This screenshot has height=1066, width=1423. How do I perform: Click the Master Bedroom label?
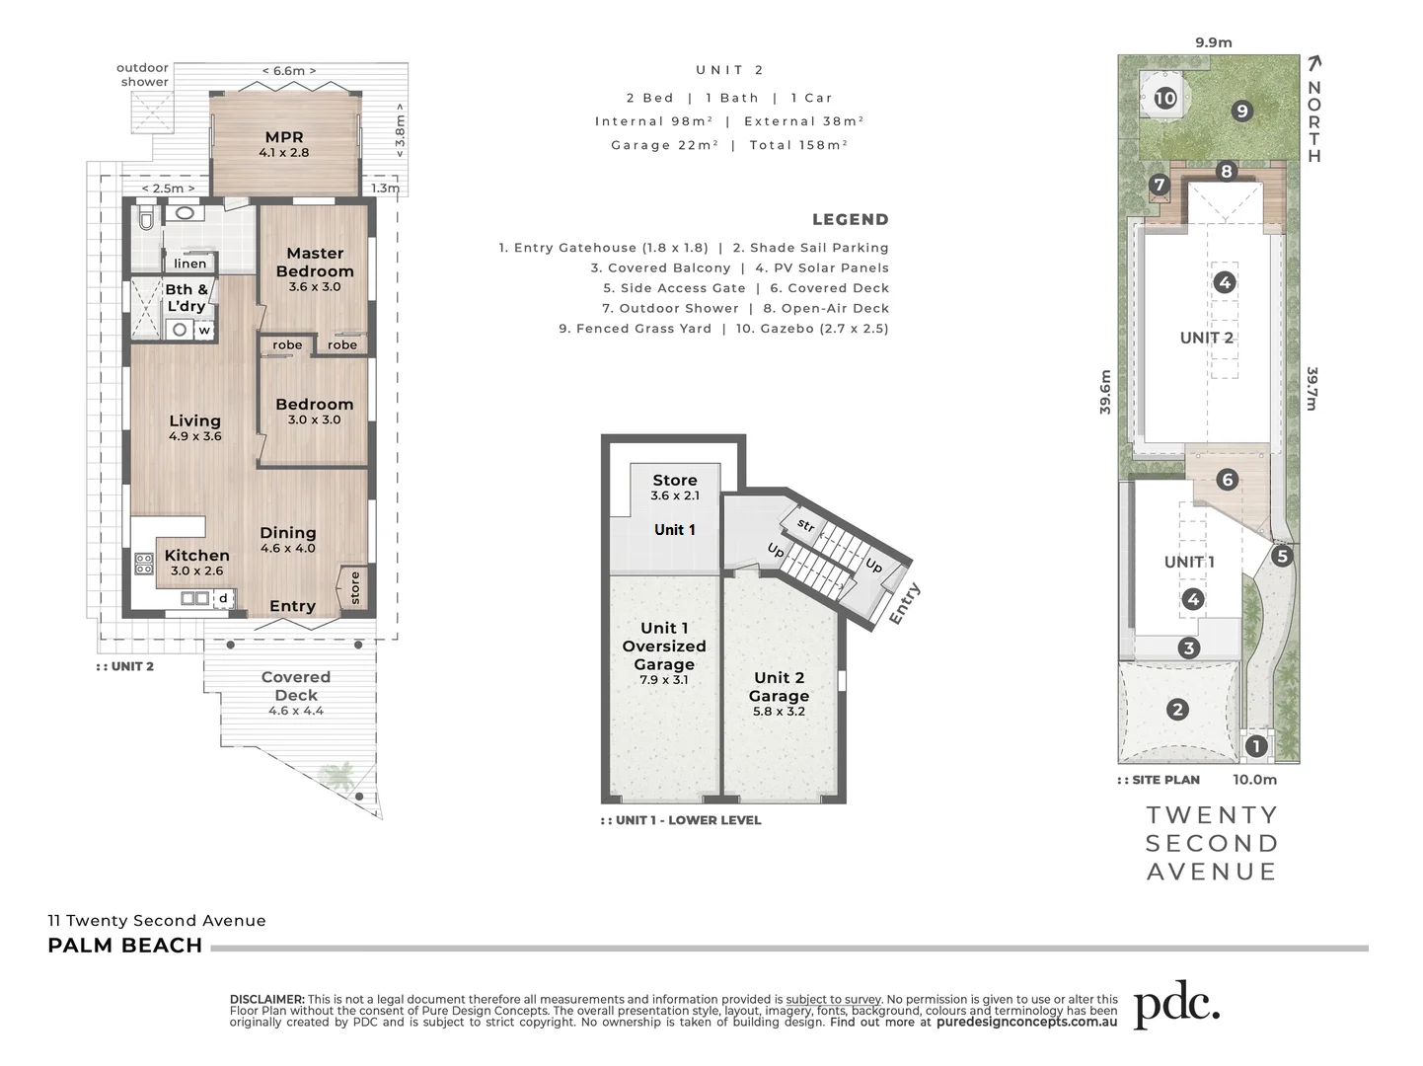coord(315,263)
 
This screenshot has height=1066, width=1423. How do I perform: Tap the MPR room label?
coord(284,138)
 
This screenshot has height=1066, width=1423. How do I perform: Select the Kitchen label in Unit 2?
coord(196,556)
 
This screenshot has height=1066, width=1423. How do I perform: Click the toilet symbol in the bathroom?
coord(145,218)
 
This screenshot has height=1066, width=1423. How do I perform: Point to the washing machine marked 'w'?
coord(204,331)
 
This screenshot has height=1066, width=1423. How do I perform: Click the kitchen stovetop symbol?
coord(144,564)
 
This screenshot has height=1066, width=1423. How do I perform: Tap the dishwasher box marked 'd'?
coord(223,598)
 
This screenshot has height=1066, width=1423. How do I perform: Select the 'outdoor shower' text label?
coord(143,75)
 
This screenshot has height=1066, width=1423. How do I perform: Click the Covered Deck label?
coord(296,686)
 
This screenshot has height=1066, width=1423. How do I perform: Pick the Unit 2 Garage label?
coord(779,687)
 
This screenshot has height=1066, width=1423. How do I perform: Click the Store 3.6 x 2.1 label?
coord(675,481)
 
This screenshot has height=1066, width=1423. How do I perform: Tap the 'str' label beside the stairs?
coord(805,526)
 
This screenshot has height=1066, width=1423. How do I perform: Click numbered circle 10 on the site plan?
coord(1165,98)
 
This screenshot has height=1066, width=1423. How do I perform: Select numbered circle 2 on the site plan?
coord(1176,709)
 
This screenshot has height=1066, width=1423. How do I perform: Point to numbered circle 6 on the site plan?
coord(1228,481)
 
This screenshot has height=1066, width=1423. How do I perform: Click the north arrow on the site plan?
coord(1313,64)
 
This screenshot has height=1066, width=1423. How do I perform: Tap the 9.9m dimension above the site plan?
coord(1213,42)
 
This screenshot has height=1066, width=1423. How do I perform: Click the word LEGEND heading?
coord(850,220)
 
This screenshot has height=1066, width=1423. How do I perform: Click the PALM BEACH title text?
coord(125,946)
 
